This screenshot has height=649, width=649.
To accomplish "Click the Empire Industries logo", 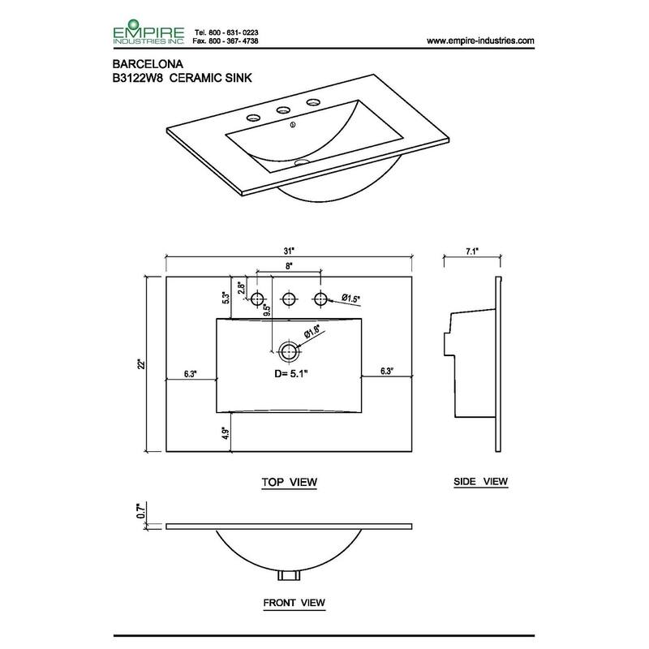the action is [148, 32].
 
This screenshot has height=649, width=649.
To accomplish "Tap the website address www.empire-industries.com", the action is [480, 41].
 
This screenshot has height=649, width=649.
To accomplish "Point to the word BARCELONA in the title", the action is [148, 64].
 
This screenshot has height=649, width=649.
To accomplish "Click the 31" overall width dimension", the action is [289, 251].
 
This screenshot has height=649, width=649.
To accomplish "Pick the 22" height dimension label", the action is [142, 363].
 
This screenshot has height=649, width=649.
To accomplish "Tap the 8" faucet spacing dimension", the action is [289, 266].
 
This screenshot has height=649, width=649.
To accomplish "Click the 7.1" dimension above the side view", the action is [472, 251].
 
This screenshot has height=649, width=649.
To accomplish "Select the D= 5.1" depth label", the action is [291, 374].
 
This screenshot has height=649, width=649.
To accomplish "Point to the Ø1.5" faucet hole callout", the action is [350, 299].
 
